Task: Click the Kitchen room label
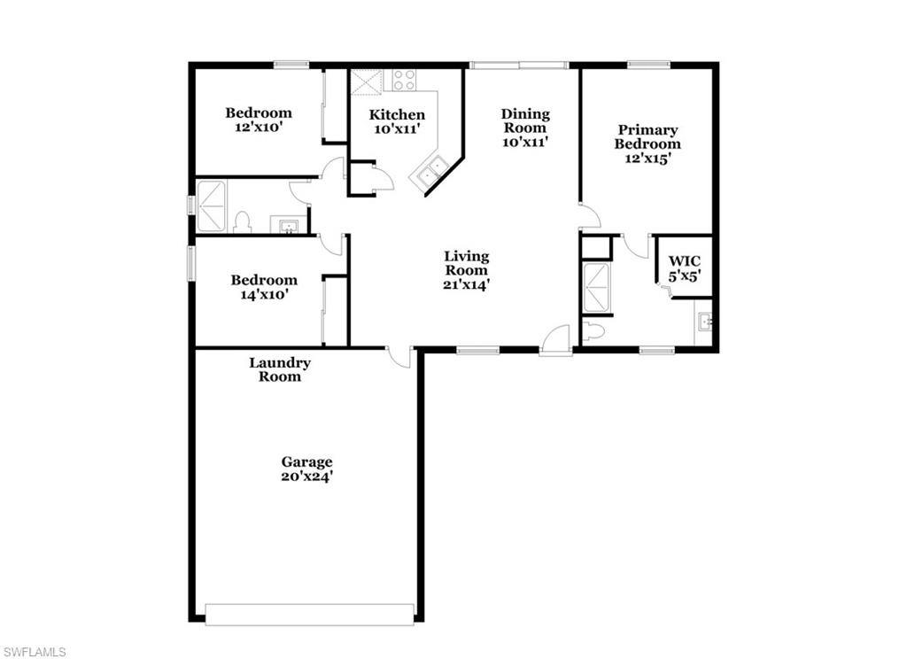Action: pos(397,121)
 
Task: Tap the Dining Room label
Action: pos(525,127)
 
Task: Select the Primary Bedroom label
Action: pos(647,144)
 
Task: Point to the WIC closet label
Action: pos(684,268)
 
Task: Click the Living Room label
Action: pos(466,270)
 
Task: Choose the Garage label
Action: pos(307,469)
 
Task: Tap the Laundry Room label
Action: pos(280,369)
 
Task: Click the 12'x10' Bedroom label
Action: pos(258,120)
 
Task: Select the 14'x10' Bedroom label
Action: pos(264,287)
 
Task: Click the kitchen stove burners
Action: pos(405,80)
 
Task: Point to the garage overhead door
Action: pos(309,614)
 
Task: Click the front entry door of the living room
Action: pos(555,342)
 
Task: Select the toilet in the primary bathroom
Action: pos(593,331)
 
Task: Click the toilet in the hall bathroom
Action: pos(242,222)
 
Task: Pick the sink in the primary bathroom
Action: pos(705,322)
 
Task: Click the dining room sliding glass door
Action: pos(518,65)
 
